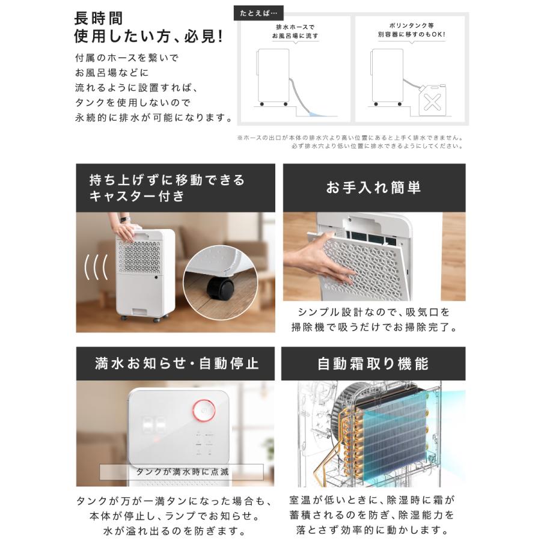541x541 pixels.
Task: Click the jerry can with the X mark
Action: point(433,100)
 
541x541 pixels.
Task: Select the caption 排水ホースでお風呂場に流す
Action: point(295,32)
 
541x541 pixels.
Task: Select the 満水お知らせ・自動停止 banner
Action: point(175,364)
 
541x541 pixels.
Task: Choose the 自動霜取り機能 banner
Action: point(373,364)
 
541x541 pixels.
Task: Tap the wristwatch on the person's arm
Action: point(124,219)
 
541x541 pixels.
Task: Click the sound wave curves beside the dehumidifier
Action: point(96,266)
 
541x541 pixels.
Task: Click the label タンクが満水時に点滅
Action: point(182,471)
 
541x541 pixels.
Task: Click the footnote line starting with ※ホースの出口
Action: point(350,137)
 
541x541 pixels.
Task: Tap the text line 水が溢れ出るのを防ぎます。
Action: point(175,531)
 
